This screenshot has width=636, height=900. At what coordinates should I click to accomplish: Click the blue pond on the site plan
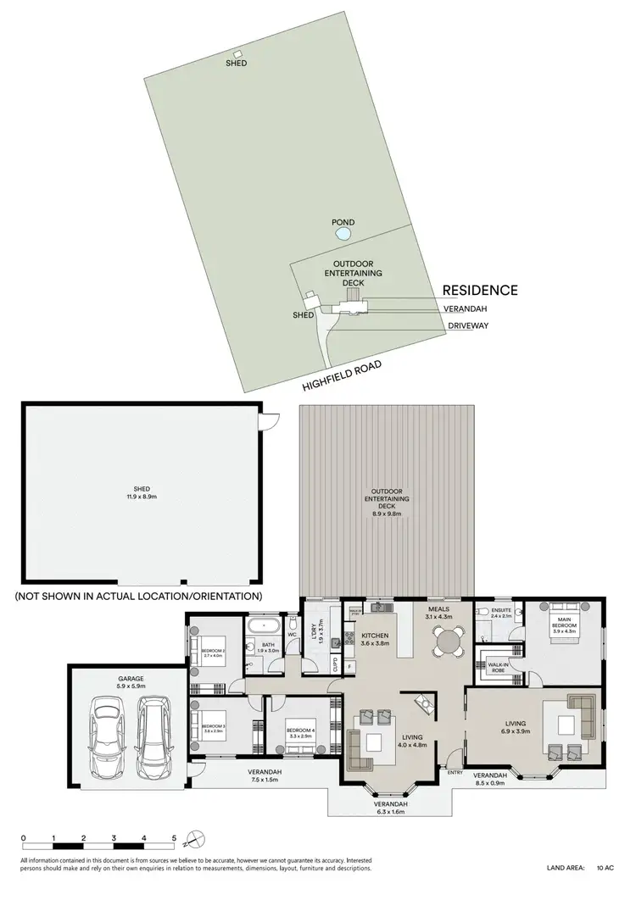coord(343,233)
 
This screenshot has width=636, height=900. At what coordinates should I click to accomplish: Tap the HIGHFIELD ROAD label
coord(342,376)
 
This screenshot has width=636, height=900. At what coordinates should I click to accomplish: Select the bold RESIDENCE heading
coord(480,290)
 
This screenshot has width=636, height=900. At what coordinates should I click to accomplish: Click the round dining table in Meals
coord(445,640)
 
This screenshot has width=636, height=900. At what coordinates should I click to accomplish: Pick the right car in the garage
coord(153,729)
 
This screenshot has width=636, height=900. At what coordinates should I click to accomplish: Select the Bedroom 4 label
coord(301,730)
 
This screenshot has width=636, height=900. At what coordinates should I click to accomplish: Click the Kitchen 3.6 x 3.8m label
coord(375,639)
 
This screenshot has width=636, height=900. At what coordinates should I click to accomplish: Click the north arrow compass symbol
coord(194,841)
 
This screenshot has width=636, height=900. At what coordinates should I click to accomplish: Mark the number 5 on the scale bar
coord(174,837)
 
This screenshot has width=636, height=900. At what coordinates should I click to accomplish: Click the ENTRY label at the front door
coord(455,772)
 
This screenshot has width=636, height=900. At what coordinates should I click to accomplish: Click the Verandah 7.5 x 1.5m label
coord(265,775)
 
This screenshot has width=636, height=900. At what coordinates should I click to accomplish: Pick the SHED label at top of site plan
coord(237,62)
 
